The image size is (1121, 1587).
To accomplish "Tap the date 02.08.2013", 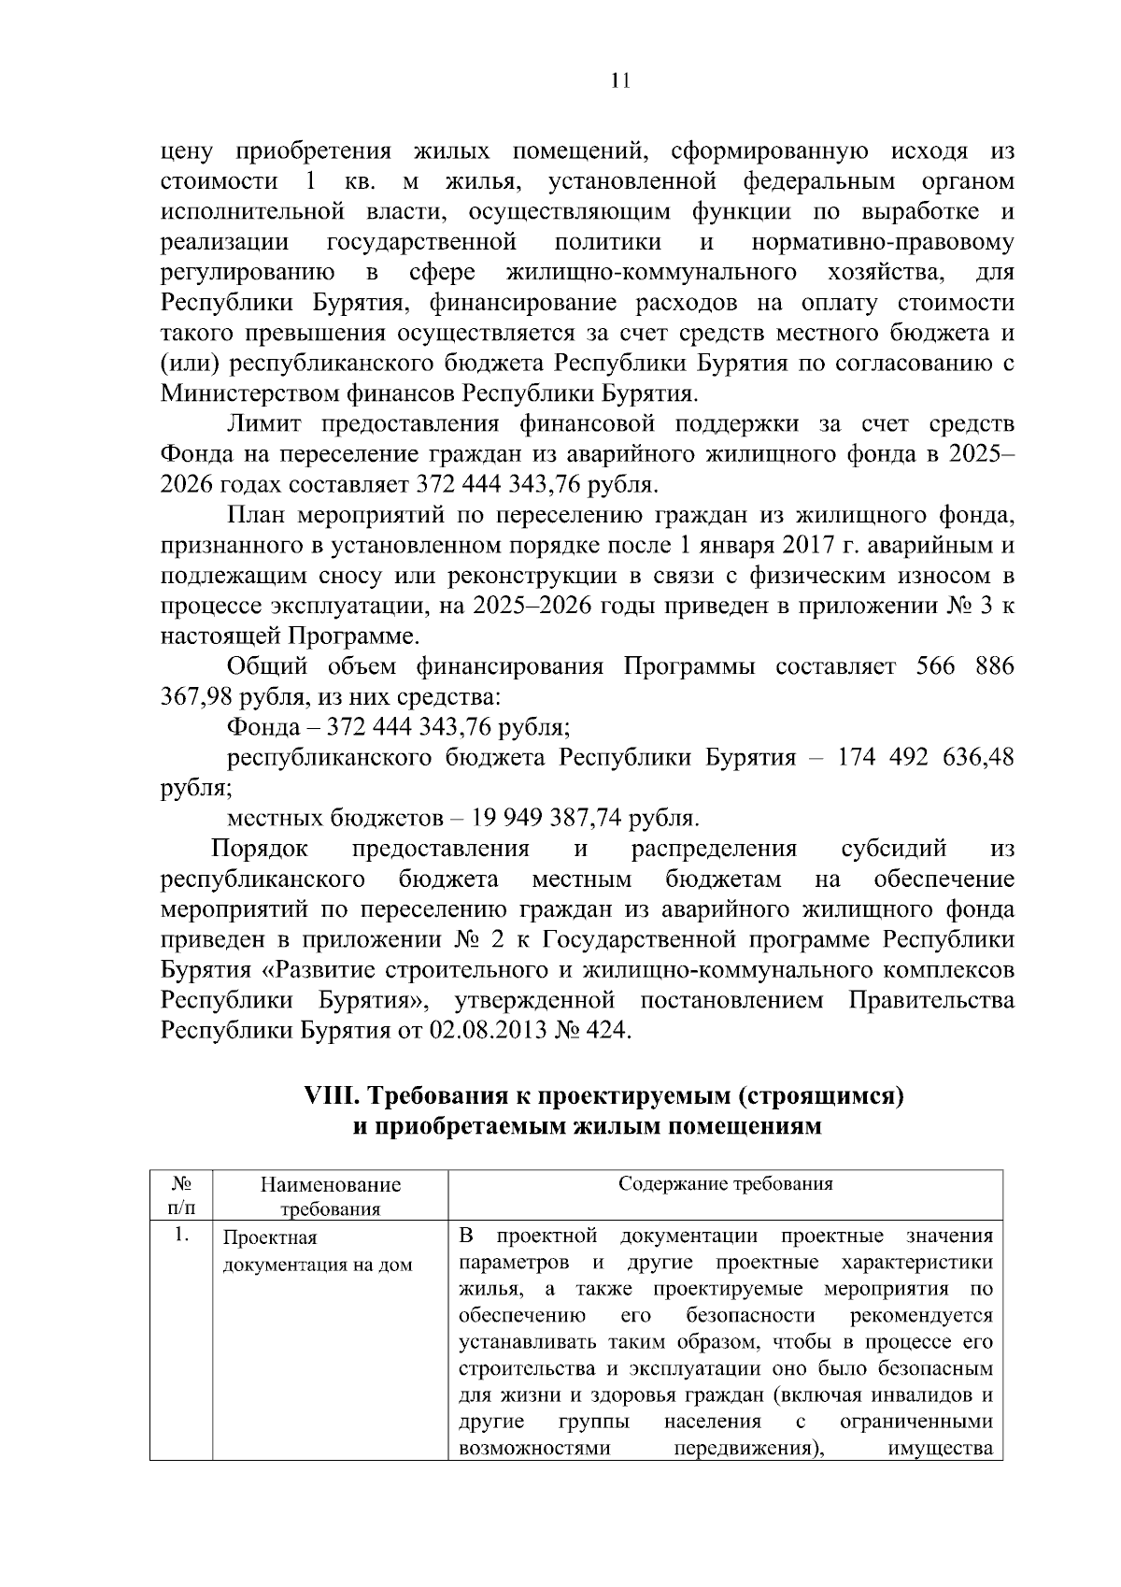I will click(x=479, y=1031).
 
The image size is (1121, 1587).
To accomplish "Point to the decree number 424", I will click(x=608, y=1031).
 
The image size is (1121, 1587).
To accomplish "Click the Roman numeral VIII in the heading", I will click(x=333, y=1095).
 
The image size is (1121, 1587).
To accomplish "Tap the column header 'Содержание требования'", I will click(x=726, y=1184).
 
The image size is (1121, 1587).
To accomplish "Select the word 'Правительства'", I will click(x=930, y=1000).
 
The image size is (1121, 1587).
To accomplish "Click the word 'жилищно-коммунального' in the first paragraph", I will click(x=651, y=273).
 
